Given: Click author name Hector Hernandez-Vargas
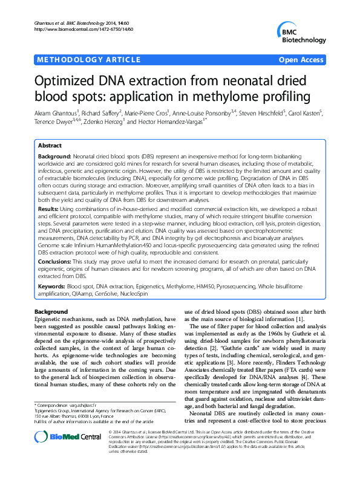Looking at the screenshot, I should coord(177,121).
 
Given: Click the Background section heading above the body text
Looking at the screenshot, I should coord(51,311).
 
